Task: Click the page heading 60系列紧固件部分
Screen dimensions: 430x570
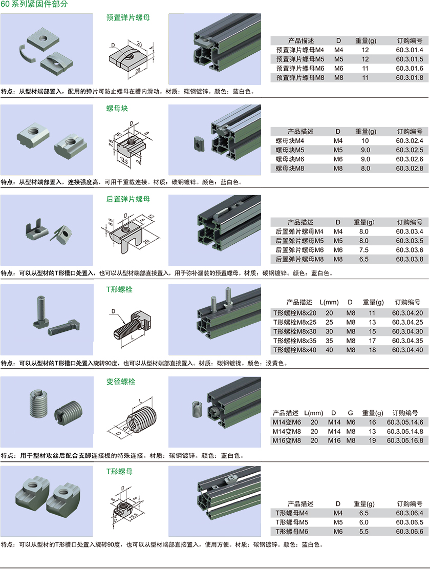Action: pos(34,5)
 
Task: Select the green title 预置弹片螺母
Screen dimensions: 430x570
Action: pos(128,17)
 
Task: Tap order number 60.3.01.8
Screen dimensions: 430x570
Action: pos(410,77)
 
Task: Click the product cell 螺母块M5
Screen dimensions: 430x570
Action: pos(290,150)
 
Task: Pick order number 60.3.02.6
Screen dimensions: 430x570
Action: pos(410,159)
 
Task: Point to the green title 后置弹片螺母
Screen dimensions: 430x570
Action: pos(128,199)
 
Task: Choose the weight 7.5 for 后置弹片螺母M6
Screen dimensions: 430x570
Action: pos(364,250)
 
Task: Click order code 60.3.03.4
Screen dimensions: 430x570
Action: pos(410,231)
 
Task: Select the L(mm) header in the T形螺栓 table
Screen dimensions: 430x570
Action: pos(329,302)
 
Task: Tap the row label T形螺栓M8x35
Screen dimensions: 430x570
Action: pos(295,341)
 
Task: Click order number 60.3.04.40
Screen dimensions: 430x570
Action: pos(407,350)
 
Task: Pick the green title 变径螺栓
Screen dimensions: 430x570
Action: pos(121,382)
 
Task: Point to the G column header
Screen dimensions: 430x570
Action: pos(350,413)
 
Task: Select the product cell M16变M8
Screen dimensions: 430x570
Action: pos(287,440)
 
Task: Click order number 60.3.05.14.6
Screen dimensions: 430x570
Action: pos(405,422)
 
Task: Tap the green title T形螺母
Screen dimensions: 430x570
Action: pos(119,471)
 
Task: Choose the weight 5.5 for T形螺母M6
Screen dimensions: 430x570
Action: pos(364,531)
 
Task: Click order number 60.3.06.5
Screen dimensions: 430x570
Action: pos(410,522)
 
